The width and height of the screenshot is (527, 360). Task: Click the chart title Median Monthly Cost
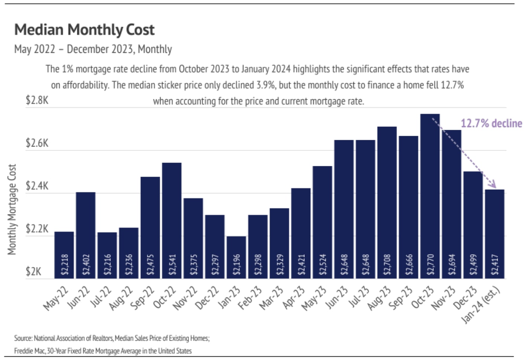tap(84, 30)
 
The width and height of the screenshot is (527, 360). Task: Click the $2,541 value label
tap(172, 264)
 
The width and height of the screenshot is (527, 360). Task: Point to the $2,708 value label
tap(387, 264)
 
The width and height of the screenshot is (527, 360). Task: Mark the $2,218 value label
tap(65, 264)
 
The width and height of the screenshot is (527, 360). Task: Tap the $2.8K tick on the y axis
tap(37, 100)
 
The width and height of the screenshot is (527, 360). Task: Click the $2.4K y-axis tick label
tap(37, 186)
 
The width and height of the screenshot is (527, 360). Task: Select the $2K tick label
tap(33, 271)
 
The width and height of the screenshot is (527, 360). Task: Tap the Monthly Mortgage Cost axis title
tap(12, 209)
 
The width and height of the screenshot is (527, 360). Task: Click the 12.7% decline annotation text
tap(491, 123)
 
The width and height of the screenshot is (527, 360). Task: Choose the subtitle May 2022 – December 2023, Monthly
tap(93, 49)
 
